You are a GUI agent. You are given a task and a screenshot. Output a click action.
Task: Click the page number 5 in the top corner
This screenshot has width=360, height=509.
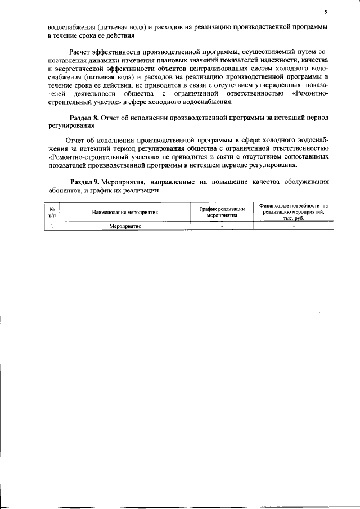tap(325, 12)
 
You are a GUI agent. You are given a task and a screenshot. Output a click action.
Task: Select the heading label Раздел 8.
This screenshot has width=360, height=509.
tap(84, 118)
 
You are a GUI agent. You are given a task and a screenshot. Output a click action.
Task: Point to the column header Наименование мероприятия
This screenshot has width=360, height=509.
tap(125, 212)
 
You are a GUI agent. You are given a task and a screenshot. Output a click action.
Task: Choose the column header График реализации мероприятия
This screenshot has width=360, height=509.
tap(222, 211)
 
